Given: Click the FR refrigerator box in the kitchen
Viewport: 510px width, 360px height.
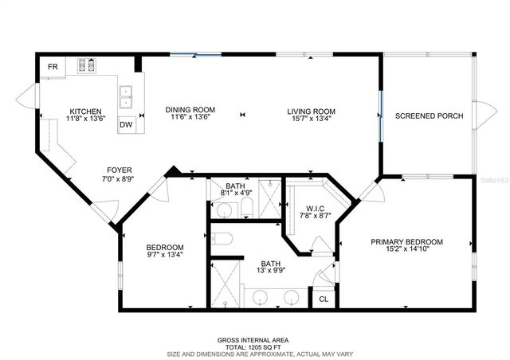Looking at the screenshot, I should [53, 67].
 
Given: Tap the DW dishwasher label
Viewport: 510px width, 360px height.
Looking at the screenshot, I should [126, 124].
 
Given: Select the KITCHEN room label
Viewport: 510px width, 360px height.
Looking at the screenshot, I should [85, 112].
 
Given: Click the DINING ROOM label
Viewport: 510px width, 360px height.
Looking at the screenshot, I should [190, 110].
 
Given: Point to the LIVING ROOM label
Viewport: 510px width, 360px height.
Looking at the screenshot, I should [312, 111].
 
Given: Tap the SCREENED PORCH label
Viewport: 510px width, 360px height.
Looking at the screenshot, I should [429, 116].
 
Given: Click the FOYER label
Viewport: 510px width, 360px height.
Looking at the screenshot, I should [120, 170].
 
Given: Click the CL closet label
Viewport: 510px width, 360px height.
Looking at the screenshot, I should [324, 299].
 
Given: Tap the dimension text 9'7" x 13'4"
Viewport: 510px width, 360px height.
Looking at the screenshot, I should [165, 255].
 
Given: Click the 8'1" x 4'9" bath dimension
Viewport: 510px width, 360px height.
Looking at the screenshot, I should [235, 193].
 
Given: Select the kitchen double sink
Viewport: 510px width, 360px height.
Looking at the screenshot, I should [126, 96].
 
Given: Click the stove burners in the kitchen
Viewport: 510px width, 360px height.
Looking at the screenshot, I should [86, 66].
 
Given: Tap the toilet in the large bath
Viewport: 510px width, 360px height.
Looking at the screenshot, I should [222, 238].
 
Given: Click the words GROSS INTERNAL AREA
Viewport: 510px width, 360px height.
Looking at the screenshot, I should [253, 340].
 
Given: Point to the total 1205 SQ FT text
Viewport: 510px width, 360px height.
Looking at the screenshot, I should [253, 347].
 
